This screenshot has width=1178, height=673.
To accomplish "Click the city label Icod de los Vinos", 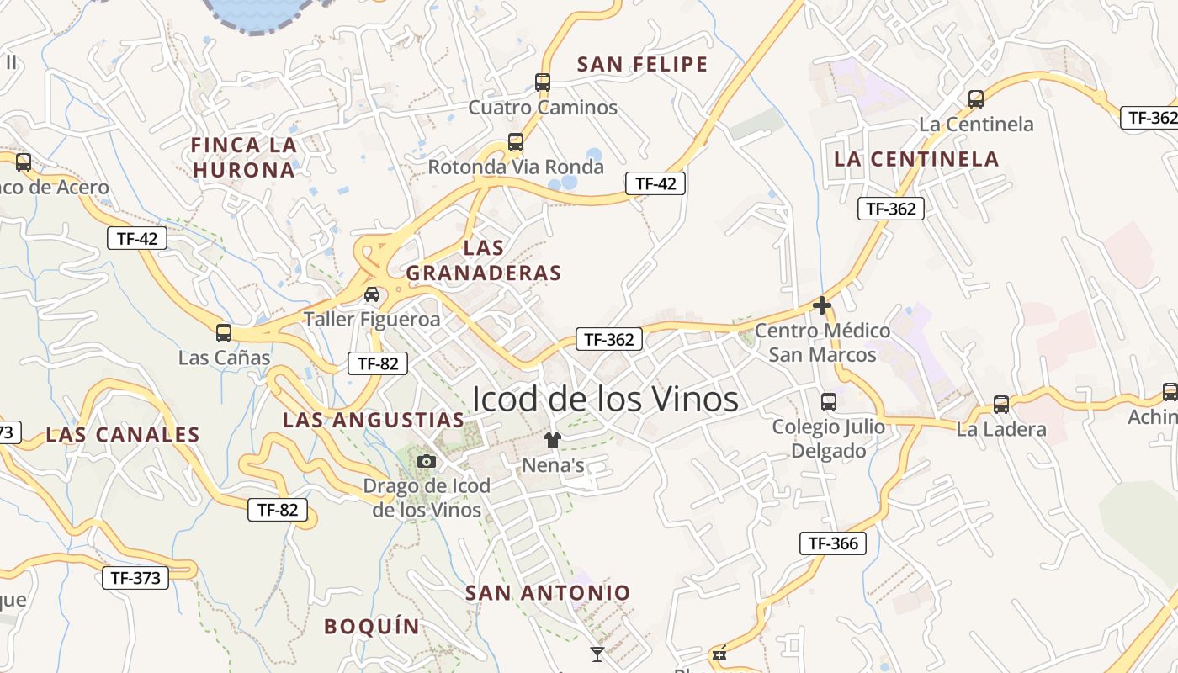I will click(605, 399).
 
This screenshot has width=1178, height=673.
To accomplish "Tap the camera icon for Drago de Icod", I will click(427, 461).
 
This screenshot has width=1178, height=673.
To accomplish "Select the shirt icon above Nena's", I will click(553, 439).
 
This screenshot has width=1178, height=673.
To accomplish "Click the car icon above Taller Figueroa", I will click(372, 294).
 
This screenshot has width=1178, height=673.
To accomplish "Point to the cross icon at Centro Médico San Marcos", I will click(822, 305).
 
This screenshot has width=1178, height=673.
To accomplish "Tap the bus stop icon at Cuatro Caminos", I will click(543, 82).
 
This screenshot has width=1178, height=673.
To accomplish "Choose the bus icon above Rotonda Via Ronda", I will click(516, 142).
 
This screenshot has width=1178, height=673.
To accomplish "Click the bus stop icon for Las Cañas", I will click(224, 332).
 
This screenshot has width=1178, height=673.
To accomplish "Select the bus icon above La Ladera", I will click(1001, 405).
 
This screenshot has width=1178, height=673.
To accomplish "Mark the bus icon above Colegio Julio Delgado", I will click(829, 402).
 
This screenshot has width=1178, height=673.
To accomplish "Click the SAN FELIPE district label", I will click(643, 64).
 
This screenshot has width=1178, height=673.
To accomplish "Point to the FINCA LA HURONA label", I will click(244, 157).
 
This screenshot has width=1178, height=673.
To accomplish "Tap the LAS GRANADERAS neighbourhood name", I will click(484, 260).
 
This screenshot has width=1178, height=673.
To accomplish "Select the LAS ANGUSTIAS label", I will click(374, 420).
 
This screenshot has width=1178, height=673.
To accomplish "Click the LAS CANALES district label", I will click(123, 435).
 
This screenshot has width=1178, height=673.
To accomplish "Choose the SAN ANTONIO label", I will click(548, 592).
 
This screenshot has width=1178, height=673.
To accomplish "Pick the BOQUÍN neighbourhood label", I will click(372, 626).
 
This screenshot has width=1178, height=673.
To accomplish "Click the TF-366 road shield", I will click(832, 543).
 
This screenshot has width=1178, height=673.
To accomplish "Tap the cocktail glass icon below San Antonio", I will click(597, 654).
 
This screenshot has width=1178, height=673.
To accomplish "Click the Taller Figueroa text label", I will click(372, 320).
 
